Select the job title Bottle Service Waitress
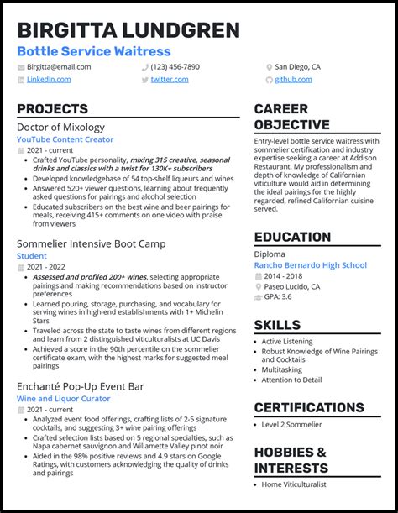pyautogui.click(x=93, y=51)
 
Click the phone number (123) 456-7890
pyautogui.click(x=175, y=67)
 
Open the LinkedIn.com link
pyautogui.click(x=48, y=80)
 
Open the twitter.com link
pyautogui.click(x=170, y=80)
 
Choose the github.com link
pyautogui.click(x=294, y=80)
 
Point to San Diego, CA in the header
pyautogui.click(x=298, y=67)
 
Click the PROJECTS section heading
pyautogui.click(x=52, y=109)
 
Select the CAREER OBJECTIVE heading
pyautogui.click(x=291, y=117)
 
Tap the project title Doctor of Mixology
pyautogui.click(x=60, y=128)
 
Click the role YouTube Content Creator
pyautogui.click(x=65, y=139)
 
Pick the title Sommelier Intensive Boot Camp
pyautogui.click(x=91, y=243)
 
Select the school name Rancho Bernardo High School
pyautogui.click(x=310, y=265)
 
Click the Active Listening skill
pyautogui.click(x=288, y=342)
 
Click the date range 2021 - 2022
pyautogui.click(x=45, y=266)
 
